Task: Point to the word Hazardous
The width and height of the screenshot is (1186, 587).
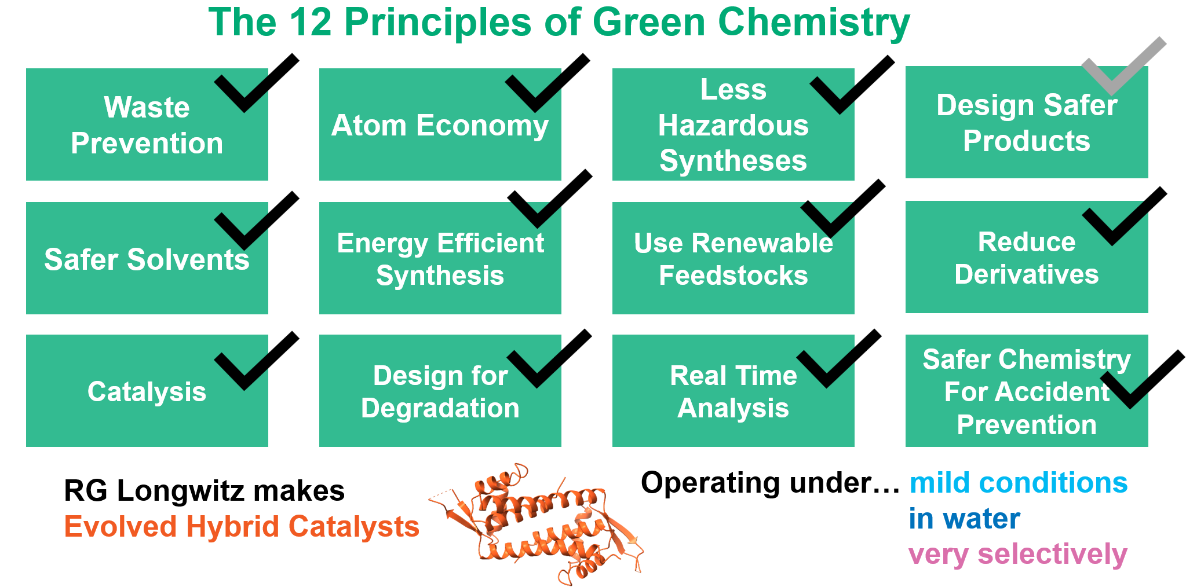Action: [733, 125]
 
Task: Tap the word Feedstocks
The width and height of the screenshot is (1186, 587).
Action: [733, 276]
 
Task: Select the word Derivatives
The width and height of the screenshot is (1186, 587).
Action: [1026, 274]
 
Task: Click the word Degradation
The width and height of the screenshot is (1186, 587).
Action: [440, 409]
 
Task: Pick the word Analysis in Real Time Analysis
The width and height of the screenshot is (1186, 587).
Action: [733, 409]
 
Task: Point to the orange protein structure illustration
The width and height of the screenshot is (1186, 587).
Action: [536, 524]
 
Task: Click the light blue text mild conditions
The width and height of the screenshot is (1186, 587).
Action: [1018, 483]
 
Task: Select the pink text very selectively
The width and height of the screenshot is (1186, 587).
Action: [1017, 555]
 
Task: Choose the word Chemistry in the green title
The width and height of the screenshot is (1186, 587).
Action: [813, 23]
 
